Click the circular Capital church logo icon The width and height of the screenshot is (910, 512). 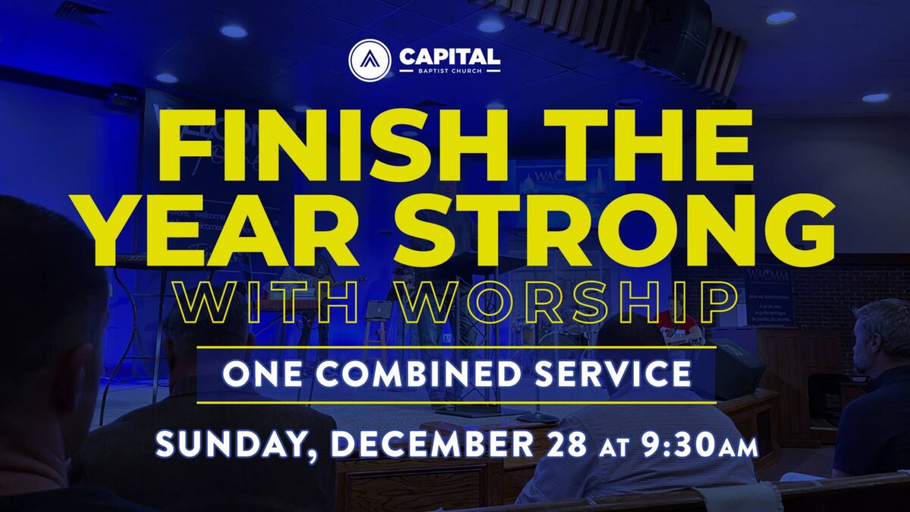[370, 60]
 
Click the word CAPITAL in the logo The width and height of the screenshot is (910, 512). [450, 56]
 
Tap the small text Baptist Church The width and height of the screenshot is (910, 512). [450, 71]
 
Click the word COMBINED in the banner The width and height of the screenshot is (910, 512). [419, 374]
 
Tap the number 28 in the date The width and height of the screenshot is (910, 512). [566, 444]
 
